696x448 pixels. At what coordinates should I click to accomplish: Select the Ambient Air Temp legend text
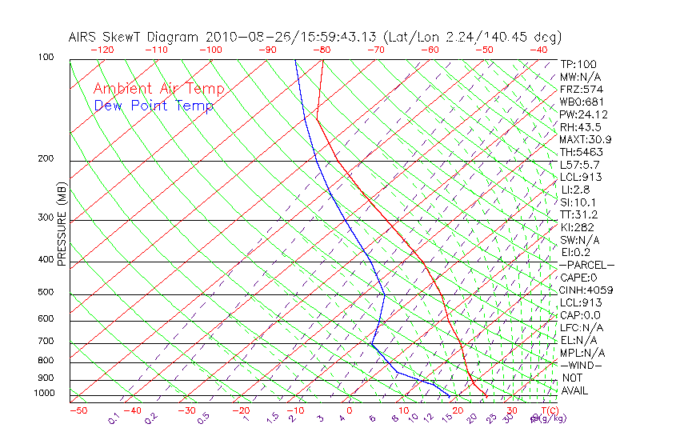coord(158,90)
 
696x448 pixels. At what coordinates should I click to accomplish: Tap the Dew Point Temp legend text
coord(154,106)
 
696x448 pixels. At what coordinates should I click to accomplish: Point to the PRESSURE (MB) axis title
coord(62,225)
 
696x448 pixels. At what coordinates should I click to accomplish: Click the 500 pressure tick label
coord(46,293)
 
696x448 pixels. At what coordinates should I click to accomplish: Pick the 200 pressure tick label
coord(46,159)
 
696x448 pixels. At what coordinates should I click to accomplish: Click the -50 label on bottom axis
coord(78,411)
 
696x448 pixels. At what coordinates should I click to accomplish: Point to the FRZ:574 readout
coord(581,90)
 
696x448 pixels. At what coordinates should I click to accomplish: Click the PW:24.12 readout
coord(583,114)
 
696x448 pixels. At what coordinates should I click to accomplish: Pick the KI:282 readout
coord(578,227)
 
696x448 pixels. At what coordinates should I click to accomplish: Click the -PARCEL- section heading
coord(586,265)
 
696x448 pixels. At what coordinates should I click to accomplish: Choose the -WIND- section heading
coord(581,365)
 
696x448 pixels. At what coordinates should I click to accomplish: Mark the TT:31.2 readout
coord(580,214)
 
